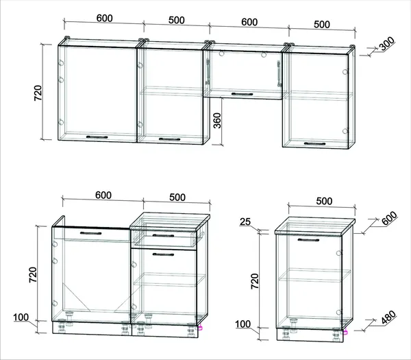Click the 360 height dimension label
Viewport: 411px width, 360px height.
click(x=217, y=121)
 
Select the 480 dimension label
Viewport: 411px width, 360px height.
click(x=388, y=317)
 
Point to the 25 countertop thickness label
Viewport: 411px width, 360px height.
click(x=245, y=222)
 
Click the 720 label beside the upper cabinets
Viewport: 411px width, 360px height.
click(x=38, y=93)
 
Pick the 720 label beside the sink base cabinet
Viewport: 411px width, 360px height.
click(x=33, y=274)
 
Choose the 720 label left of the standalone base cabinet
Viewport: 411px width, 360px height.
click(x=255, y=281)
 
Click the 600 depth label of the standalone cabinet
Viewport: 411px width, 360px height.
click(x=389, y=219)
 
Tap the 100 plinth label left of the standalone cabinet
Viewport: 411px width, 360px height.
click(x=242, y=324)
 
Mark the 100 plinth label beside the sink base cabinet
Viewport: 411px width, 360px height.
click(x=21, y=317)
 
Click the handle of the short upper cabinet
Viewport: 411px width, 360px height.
click(x=242, y=94)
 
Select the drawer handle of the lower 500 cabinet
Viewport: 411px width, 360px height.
click(x=163, y=235)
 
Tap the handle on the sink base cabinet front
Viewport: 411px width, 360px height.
click(x=90, y=233)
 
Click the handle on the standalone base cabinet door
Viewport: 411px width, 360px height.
click(x=308, y=240)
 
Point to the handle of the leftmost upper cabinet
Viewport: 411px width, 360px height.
click(x=97, y=137)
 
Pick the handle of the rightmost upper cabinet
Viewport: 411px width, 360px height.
click(x=315, y=143)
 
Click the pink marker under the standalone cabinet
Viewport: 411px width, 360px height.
click(x=346, y=332)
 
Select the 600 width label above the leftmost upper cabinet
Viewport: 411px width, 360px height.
click(x=105, y=18)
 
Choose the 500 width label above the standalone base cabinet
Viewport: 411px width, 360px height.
click(x=324, y=201)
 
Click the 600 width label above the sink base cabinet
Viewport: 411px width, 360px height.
click(x=103, y=195)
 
